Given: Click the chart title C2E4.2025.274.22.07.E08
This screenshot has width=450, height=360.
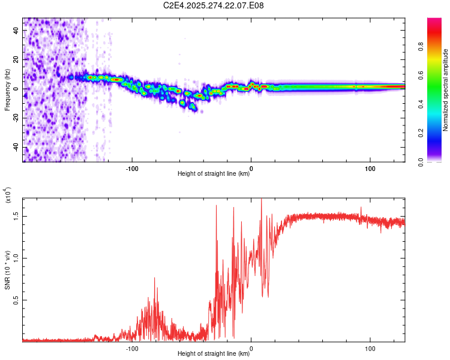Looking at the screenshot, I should pos(214,6).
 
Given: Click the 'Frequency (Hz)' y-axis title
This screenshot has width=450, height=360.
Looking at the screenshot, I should pos(7,89).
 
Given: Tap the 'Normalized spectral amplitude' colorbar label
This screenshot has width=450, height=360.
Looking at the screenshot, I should pos(446,90).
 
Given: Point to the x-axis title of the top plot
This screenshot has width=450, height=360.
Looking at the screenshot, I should pos(214,174).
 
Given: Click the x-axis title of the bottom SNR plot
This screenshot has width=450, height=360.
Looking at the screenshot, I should pos(214,354).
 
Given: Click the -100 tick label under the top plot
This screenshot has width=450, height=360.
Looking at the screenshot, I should pos(132,168).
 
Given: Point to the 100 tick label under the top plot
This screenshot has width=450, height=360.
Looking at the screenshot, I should pos(370,168).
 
